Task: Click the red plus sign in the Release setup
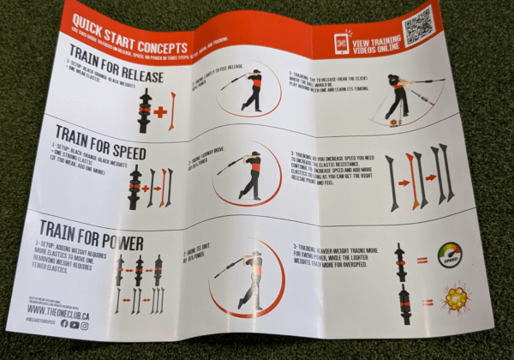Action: pos(159,110)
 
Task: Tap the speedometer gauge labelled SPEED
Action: pos(447,255)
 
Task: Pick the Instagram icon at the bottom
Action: pos(86,325)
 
